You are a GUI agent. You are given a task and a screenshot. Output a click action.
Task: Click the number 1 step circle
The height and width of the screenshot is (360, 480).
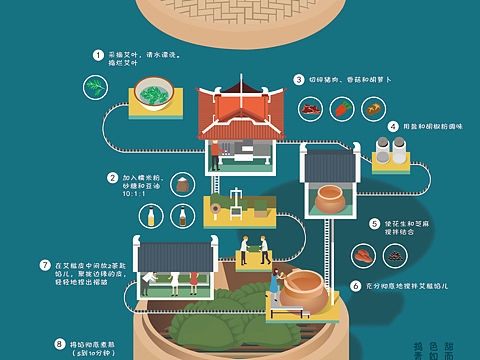(98, 56)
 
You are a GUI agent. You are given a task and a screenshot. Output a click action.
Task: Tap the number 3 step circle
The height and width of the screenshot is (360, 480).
(299, 79)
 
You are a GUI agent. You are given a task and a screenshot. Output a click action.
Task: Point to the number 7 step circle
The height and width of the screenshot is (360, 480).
(45, 265)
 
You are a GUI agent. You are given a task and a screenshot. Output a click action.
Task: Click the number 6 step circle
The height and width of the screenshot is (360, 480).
(356, 286)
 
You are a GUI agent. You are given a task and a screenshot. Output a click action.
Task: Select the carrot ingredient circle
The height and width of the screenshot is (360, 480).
(340, 106)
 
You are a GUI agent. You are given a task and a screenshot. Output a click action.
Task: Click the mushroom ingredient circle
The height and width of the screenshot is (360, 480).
(372, 106)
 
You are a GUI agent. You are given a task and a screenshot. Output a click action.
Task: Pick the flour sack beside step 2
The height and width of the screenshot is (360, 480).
(182, 184)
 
